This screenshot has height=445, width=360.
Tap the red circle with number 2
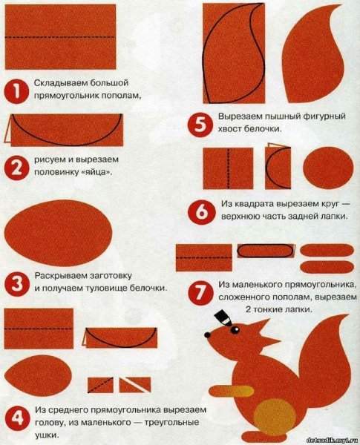(16, 167)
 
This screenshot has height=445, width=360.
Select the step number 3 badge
(16, 284)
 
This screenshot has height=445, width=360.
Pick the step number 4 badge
(17, 418)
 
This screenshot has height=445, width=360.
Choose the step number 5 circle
(200, 125)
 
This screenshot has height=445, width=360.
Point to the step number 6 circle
(201, 212)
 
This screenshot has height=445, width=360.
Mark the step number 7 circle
(200, 293)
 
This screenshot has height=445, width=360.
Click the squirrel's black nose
(208, 335)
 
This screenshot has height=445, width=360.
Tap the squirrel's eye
(235, 330)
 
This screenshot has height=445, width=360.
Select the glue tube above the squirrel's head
(223, 318)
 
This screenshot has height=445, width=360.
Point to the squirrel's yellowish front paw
(231, 391)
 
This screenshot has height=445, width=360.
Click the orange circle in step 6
(328, 168)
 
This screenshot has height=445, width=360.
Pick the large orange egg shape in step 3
(58, 233)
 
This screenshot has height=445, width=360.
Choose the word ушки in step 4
(45, 435)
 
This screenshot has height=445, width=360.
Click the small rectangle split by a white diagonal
(134, 385)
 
